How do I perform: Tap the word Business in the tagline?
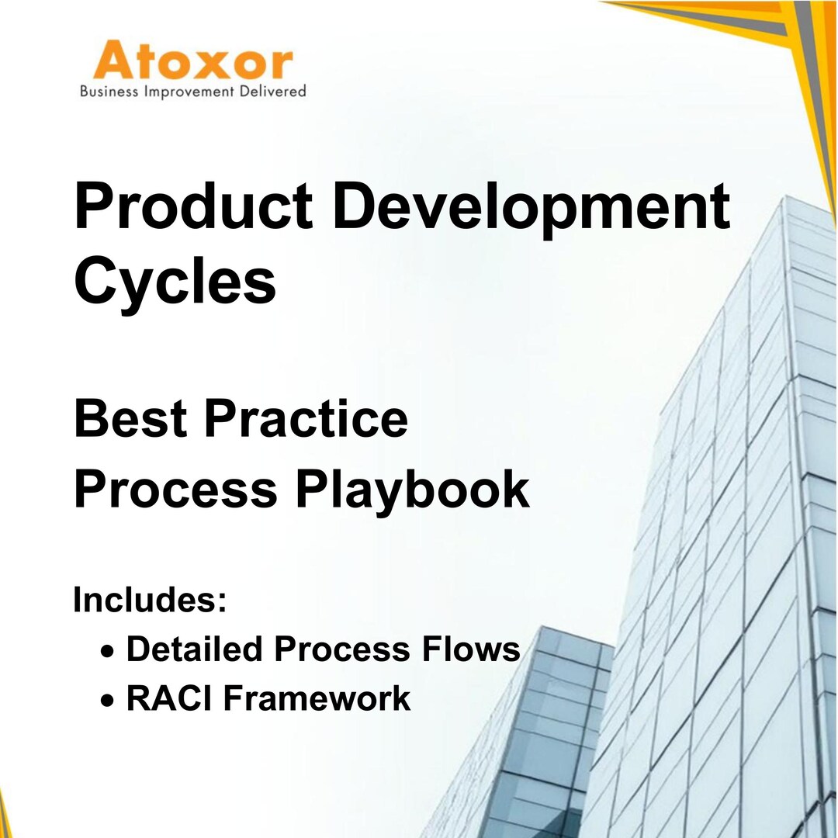tap(109, 91)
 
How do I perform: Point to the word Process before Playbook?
tap(176, 489)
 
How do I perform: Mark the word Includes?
tap(145, 600)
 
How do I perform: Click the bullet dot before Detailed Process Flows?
tap(107, 651)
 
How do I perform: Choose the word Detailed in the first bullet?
tap(195, 648)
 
